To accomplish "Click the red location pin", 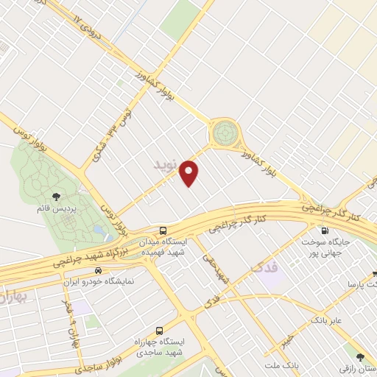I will (190, 172).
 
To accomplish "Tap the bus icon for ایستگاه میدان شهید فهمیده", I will (163, 230).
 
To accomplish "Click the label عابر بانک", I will (327, 321).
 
